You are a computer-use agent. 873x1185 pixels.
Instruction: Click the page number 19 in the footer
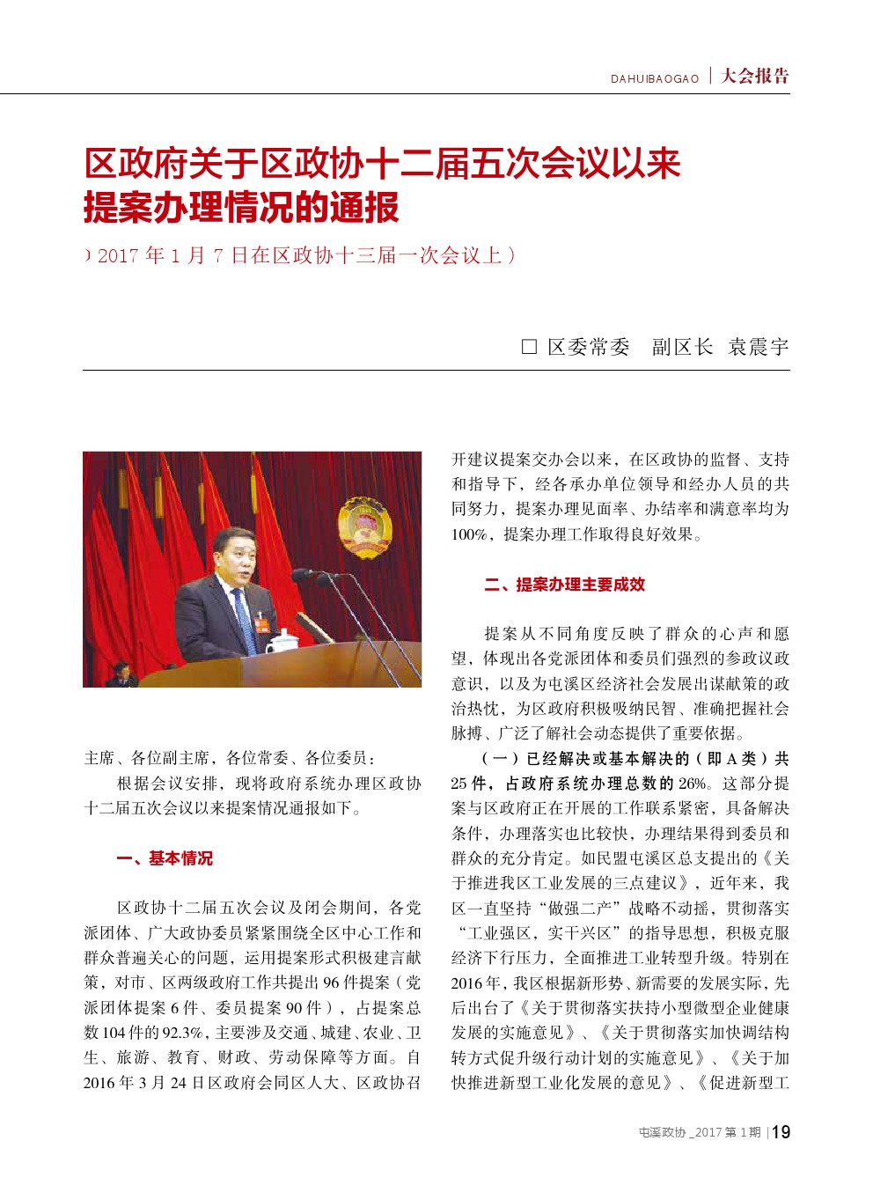pos(781,1132)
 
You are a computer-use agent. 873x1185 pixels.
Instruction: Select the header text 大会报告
pos(755,77)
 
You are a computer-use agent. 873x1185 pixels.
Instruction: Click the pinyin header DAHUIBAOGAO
pos(655,79)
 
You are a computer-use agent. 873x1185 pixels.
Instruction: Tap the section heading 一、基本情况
pos(165,858)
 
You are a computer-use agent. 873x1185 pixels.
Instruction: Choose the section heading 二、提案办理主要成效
pos(564,585)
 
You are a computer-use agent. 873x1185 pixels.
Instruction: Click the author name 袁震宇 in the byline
pos(758,347)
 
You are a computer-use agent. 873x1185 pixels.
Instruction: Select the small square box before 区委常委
pos(529,347)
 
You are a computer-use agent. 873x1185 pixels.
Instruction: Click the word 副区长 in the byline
pos(682,347)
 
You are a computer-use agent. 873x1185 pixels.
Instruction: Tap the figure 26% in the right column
pos(692,784)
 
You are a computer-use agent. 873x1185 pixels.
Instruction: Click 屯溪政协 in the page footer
pos(662,1133)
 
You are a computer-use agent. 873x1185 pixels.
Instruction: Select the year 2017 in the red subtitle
pos(118,256)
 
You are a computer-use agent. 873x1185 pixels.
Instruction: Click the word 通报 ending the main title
pos(364,208)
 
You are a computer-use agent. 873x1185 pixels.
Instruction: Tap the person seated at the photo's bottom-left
pos(121,675)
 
